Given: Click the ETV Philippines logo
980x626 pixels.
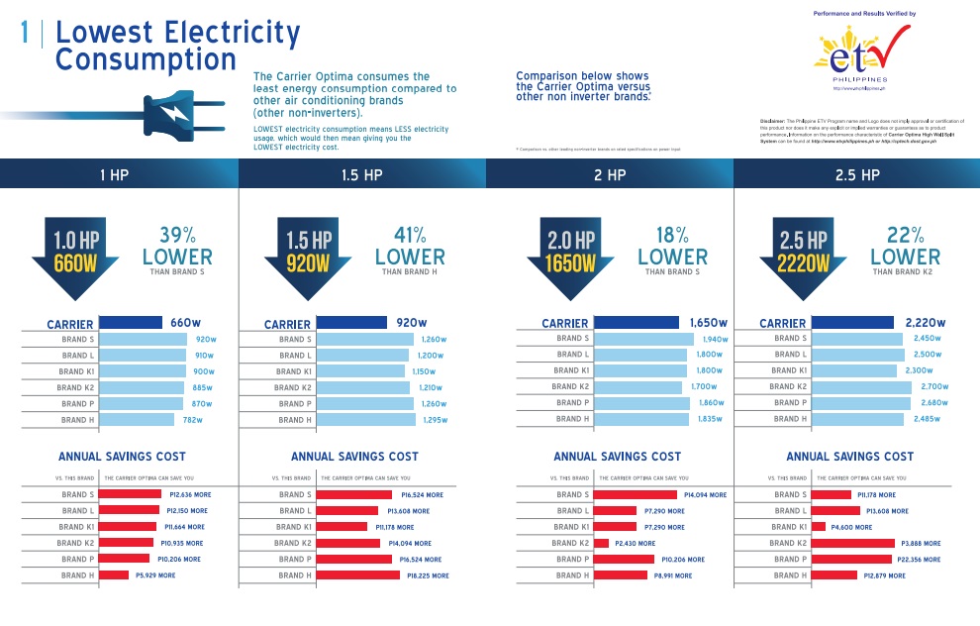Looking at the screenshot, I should [x=859, y=53].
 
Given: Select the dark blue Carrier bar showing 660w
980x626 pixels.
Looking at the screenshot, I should [x=131, y=322].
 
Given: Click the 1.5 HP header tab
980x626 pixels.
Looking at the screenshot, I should [x=361, y=175].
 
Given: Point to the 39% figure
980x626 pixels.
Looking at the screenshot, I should [x=176, y=235].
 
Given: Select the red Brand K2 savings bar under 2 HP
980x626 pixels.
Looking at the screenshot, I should [x=601, y=543].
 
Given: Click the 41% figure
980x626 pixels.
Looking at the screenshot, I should [x=409, y=235].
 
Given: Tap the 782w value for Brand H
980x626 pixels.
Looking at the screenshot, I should [x=192, y=420].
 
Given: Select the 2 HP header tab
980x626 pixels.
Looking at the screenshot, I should [x=609, y=175].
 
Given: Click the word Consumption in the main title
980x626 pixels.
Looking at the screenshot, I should [x=146, y=59].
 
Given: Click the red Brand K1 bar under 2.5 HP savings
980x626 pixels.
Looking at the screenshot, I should [x=819, y=527].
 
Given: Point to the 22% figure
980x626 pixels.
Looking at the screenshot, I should [x=905, y=235].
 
